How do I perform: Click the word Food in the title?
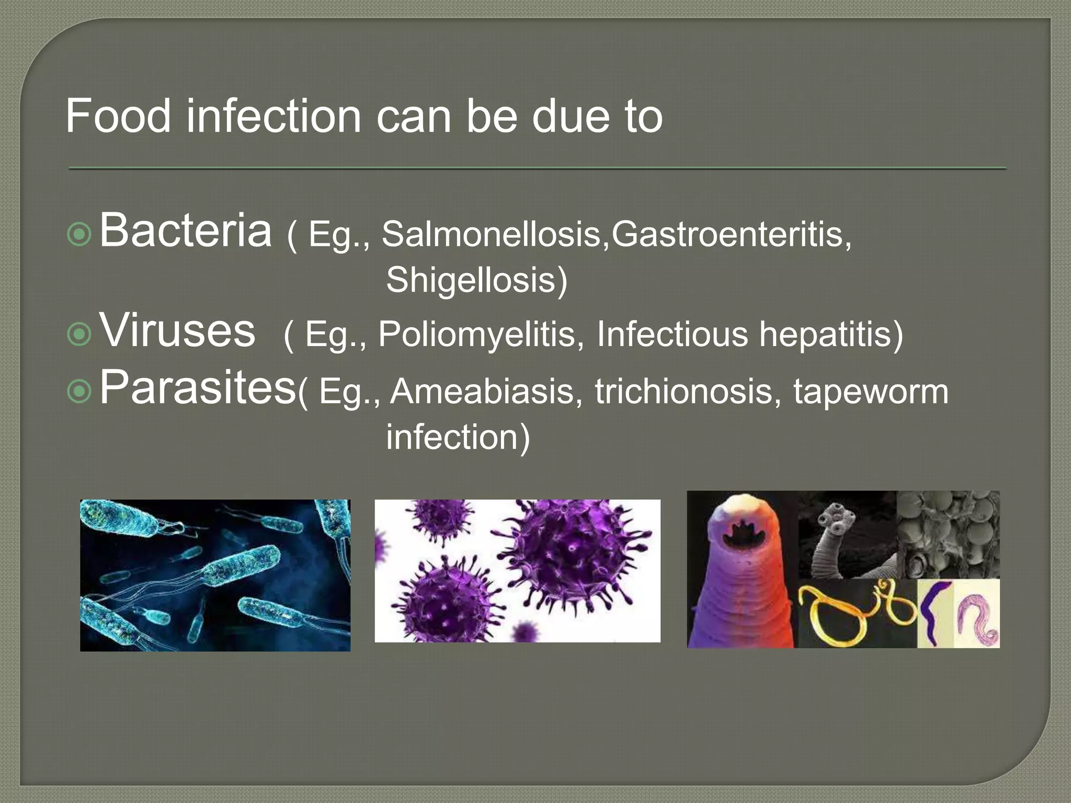118,116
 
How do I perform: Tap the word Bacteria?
186,230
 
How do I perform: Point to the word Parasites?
198,387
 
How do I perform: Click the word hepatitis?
830,334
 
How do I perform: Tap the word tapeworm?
871,391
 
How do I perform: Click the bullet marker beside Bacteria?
79,235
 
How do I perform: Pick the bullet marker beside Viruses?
79,335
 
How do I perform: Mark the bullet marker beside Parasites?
79,391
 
